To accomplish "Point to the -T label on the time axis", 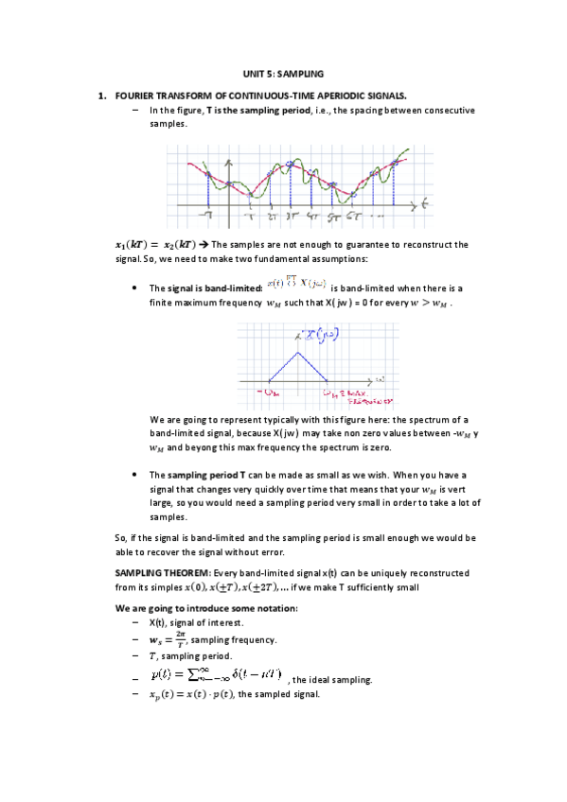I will pos(206,217).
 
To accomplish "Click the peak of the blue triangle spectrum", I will pos(300,352).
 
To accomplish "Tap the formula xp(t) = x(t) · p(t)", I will pos(189,694).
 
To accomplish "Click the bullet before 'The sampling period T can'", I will pos(139,475).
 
